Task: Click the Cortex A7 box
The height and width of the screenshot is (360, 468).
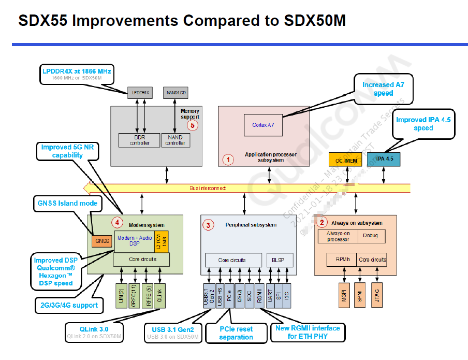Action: click(x=264, y=125)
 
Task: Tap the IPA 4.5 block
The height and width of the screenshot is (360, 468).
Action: click(x=384, y=159)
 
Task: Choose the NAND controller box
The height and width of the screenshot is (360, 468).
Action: click(x=175, y=140)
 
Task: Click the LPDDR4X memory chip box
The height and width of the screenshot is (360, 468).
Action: click(x=141, y=93)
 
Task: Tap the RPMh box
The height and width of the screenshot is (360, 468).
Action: click(x=341, y=260)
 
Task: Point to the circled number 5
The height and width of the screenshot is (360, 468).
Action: click(x=193, y=124)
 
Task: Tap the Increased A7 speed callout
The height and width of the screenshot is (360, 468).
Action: click(x=383, y=89)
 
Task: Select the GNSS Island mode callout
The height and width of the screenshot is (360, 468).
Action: click(x=67, y=203)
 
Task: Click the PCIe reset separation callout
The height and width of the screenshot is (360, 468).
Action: click(x=236, y=333)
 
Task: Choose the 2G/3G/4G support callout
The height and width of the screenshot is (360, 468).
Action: click(x=69, y=305)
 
